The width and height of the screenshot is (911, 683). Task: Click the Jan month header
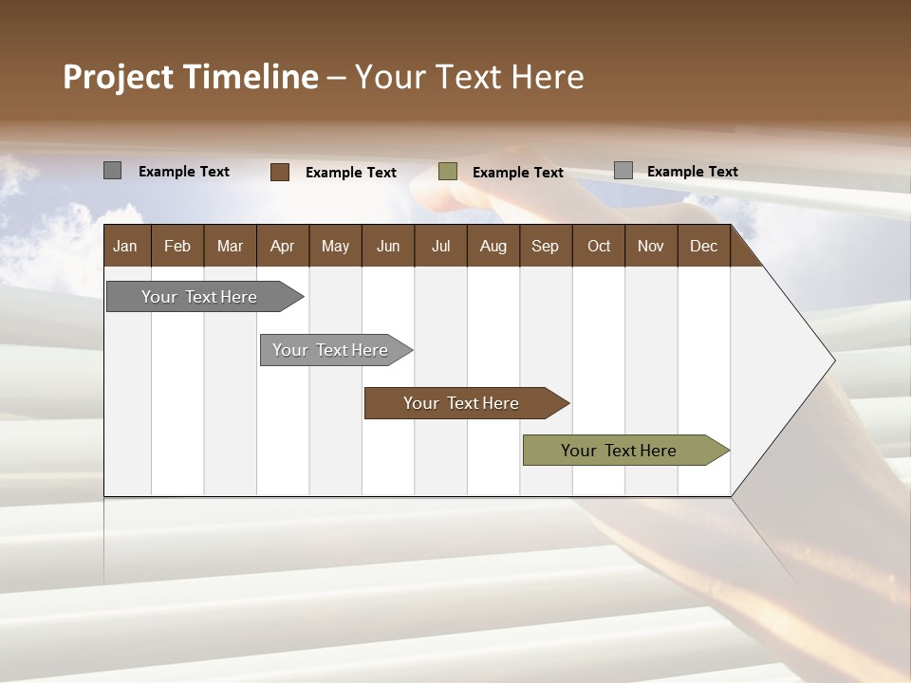click(125, 246)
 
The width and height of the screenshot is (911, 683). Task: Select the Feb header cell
click(177, 246)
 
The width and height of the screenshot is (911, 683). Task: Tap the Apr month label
click(282, 246)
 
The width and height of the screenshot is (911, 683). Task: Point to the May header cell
click(335, 246)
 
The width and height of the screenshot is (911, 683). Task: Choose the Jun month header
click(388, 246)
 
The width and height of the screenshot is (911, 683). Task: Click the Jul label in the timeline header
click(440, 246)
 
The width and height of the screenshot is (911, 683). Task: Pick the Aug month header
click(493, 246)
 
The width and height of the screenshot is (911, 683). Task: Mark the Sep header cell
click(545, 246)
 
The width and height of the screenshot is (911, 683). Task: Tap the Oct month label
click(599, 246)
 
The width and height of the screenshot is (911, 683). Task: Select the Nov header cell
click(651, 246)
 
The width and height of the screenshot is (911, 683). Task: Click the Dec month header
click(703, 246)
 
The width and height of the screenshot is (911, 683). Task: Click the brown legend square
click(280, 172)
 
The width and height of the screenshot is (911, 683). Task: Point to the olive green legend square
click(448, 172)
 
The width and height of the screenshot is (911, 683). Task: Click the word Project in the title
click(118, 77)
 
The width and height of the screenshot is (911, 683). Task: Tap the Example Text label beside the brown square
click(351, 173)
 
